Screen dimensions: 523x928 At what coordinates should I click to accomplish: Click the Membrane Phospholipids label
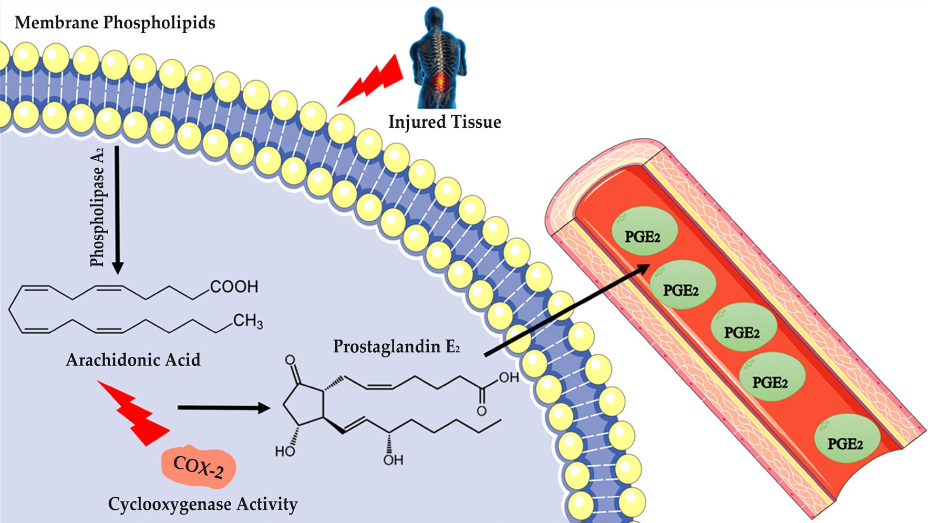click(115, 23)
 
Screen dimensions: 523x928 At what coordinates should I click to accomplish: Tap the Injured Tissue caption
click(445, 122)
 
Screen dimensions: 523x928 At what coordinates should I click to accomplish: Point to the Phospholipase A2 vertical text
click(98, 208)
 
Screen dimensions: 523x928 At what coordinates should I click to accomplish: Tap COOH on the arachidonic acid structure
click(234, 287)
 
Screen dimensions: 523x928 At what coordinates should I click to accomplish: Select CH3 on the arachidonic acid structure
click(248, 321)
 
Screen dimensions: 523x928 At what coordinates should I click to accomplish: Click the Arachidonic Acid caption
click(133, 360)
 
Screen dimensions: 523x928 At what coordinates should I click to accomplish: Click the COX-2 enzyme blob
click(199, 467)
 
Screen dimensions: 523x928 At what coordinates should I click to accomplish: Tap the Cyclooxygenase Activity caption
click(203, 504)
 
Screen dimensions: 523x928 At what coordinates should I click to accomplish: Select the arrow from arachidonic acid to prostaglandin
click(223, 407)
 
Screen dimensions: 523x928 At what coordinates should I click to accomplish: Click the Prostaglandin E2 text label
click(397, 347)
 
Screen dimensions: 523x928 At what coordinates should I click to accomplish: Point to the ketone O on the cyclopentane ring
click(290, 361)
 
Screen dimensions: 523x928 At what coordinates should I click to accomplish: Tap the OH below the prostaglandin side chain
click(393, 460)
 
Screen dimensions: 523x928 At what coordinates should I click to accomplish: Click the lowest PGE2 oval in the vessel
click(847, 439)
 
